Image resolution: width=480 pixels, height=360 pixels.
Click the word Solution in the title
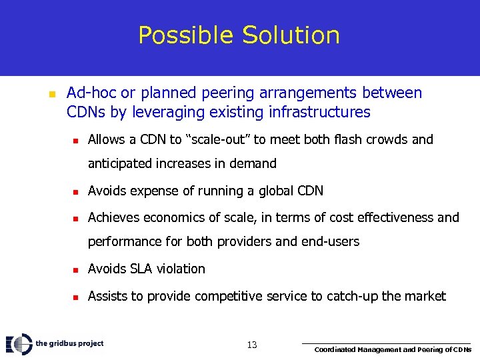pyautogui.click(x=292, y=35)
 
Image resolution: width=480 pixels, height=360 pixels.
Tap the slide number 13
pyautogui.click(x=251, y=345)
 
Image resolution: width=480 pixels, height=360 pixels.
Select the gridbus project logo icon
pyautogui.click(x=19, y=344)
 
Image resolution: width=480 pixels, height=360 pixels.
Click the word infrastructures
pyautogui.click(x=319, y=112)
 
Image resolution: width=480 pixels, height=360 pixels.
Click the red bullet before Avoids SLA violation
pyautogui.click(x=76, y=269)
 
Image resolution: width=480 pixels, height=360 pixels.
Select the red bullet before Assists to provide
pyautogui.click(x=76, y=297)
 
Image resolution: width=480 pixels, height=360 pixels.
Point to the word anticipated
pyautogui.click(x=119, y=164)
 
